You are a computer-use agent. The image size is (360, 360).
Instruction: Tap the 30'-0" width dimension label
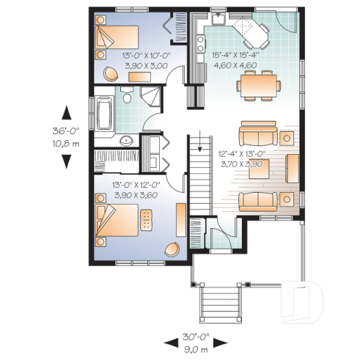click(x=196, y=338)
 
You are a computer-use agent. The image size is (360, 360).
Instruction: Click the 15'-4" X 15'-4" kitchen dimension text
click(x=244, y=53)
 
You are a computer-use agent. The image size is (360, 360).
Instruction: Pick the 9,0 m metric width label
click(x=196, y=348)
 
